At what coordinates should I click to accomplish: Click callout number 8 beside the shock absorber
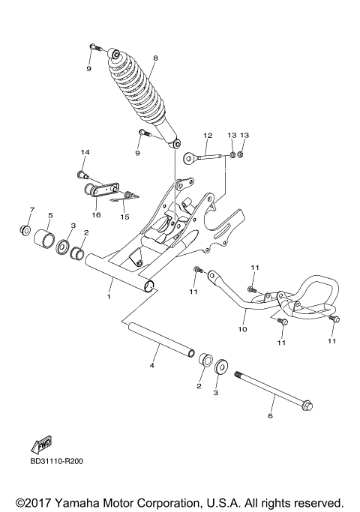[x=155, y=58]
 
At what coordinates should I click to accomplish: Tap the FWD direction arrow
[x=41, y=443]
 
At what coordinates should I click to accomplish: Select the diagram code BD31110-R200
[x=57, y=461]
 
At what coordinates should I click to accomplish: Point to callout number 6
[x=271, y=413]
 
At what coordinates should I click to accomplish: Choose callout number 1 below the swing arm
[x=109, y=297]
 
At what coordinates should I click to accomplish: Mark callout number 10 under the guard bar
[x=242, y=328]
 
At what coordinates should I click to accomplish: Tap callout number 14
[x=85, y=153]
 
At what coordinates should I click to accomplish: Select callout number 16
[x=95, y=214]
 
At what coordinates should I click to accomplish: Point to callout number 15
[x=125, y=217]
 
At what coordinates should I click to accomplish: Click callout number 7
[x=31, y=208]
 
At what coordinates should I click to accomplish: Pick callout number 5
[x=50, y=215]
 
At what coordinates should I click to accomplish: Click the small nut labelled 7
[x=25, y=229]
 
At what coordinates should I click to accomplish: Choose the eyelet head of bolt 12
[x=190, y=157]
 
